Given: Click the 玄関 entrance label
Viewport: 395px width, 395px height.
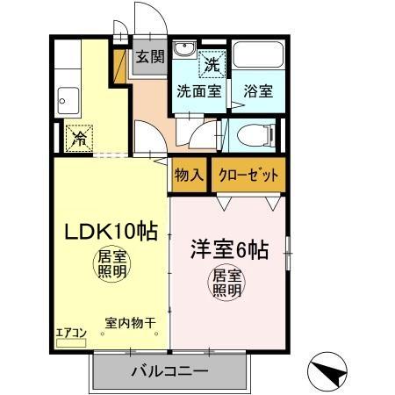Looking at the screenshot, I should (150, 58).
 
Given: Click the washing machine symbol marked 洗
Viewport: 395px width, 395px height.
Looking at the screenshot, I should (212, 63).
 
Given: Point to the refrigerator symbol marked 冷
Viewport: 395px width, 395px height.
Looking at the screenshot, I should (78, 138).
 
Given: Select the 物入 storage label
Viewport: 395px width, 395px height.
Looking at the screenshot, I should (189, 175).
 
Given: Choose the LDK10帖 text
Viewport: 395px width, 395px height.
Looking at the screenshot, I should (108, 232).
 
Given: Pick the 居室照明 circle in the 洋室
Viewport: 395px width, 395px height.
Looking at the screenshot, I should (226, 284).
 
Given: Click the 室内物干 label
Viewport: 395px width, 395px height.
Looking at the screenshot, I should (130, 323).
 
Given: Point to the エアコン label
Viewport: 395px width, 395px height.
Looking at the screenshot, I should (70, 334).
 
